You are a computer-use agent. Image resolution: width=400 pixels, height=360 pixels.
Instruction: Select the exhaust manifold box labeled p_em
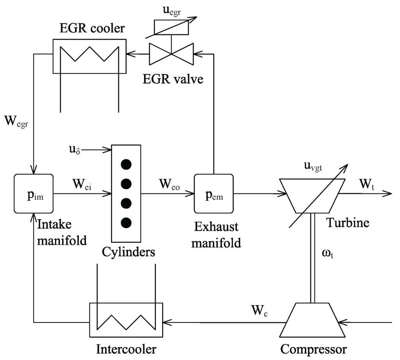coord(214,193)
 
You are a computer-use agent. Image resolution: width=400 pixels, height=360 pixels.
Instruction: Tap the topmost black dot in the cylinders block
coord(125,165)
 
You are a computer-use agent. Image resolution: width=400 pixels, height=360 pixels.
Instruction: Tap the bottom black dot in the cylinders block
coord(125,223)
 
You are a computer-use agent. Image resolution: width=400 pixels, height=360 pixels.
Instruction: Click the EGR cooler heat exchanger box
coord(89,56)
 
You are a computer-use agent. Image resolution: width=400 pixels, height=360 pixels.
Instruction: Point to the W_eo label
coord(170,183)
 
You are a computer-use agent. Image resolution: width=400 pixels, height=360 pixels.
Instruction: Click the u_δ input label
coord(73,149)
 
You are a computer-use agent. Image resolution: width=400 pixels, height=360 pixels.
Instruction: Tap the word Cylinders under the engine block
coord(129,251)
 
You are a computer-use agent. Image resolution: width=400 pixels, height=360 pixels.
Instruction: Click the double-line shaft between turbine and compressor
coord(311,258)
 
